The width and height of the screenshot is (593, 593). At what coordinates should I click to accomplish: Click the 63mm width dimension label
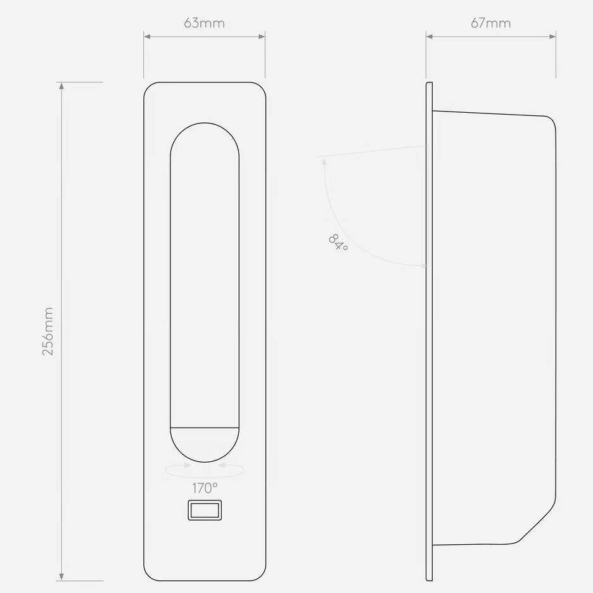click(x=204, y=23)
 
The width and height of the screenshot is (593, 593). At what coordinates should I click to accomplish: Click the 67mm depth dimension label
click(x=490, y=23)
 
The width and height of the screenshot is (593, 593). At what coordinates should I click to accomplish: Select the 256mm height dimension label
click(x=48, y=331)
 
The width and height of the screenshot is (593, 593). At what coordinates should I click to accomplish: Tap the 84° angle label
click(x=338, y=243)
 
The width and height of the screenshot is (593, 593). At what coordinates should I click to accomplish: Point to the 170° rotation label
click(x=205, y=488)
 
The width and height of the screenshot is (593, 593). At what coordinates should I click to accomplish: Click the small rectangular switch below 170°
click(x=205, y=510)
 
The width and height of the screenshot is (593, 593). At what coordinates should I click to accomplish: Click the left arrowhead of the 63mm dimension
click(x=147, y=37)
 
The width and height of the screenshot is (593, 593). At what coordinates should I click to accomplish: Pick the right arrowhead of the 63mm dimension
click(x=262, y=37)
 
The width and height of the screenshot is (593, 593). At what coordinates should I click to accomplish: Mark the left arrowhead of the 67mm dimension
click(x=430, y=37)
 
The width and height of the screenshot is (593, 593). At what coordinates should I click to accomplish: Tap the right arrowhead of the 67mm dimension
click(x=552, y=37)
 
